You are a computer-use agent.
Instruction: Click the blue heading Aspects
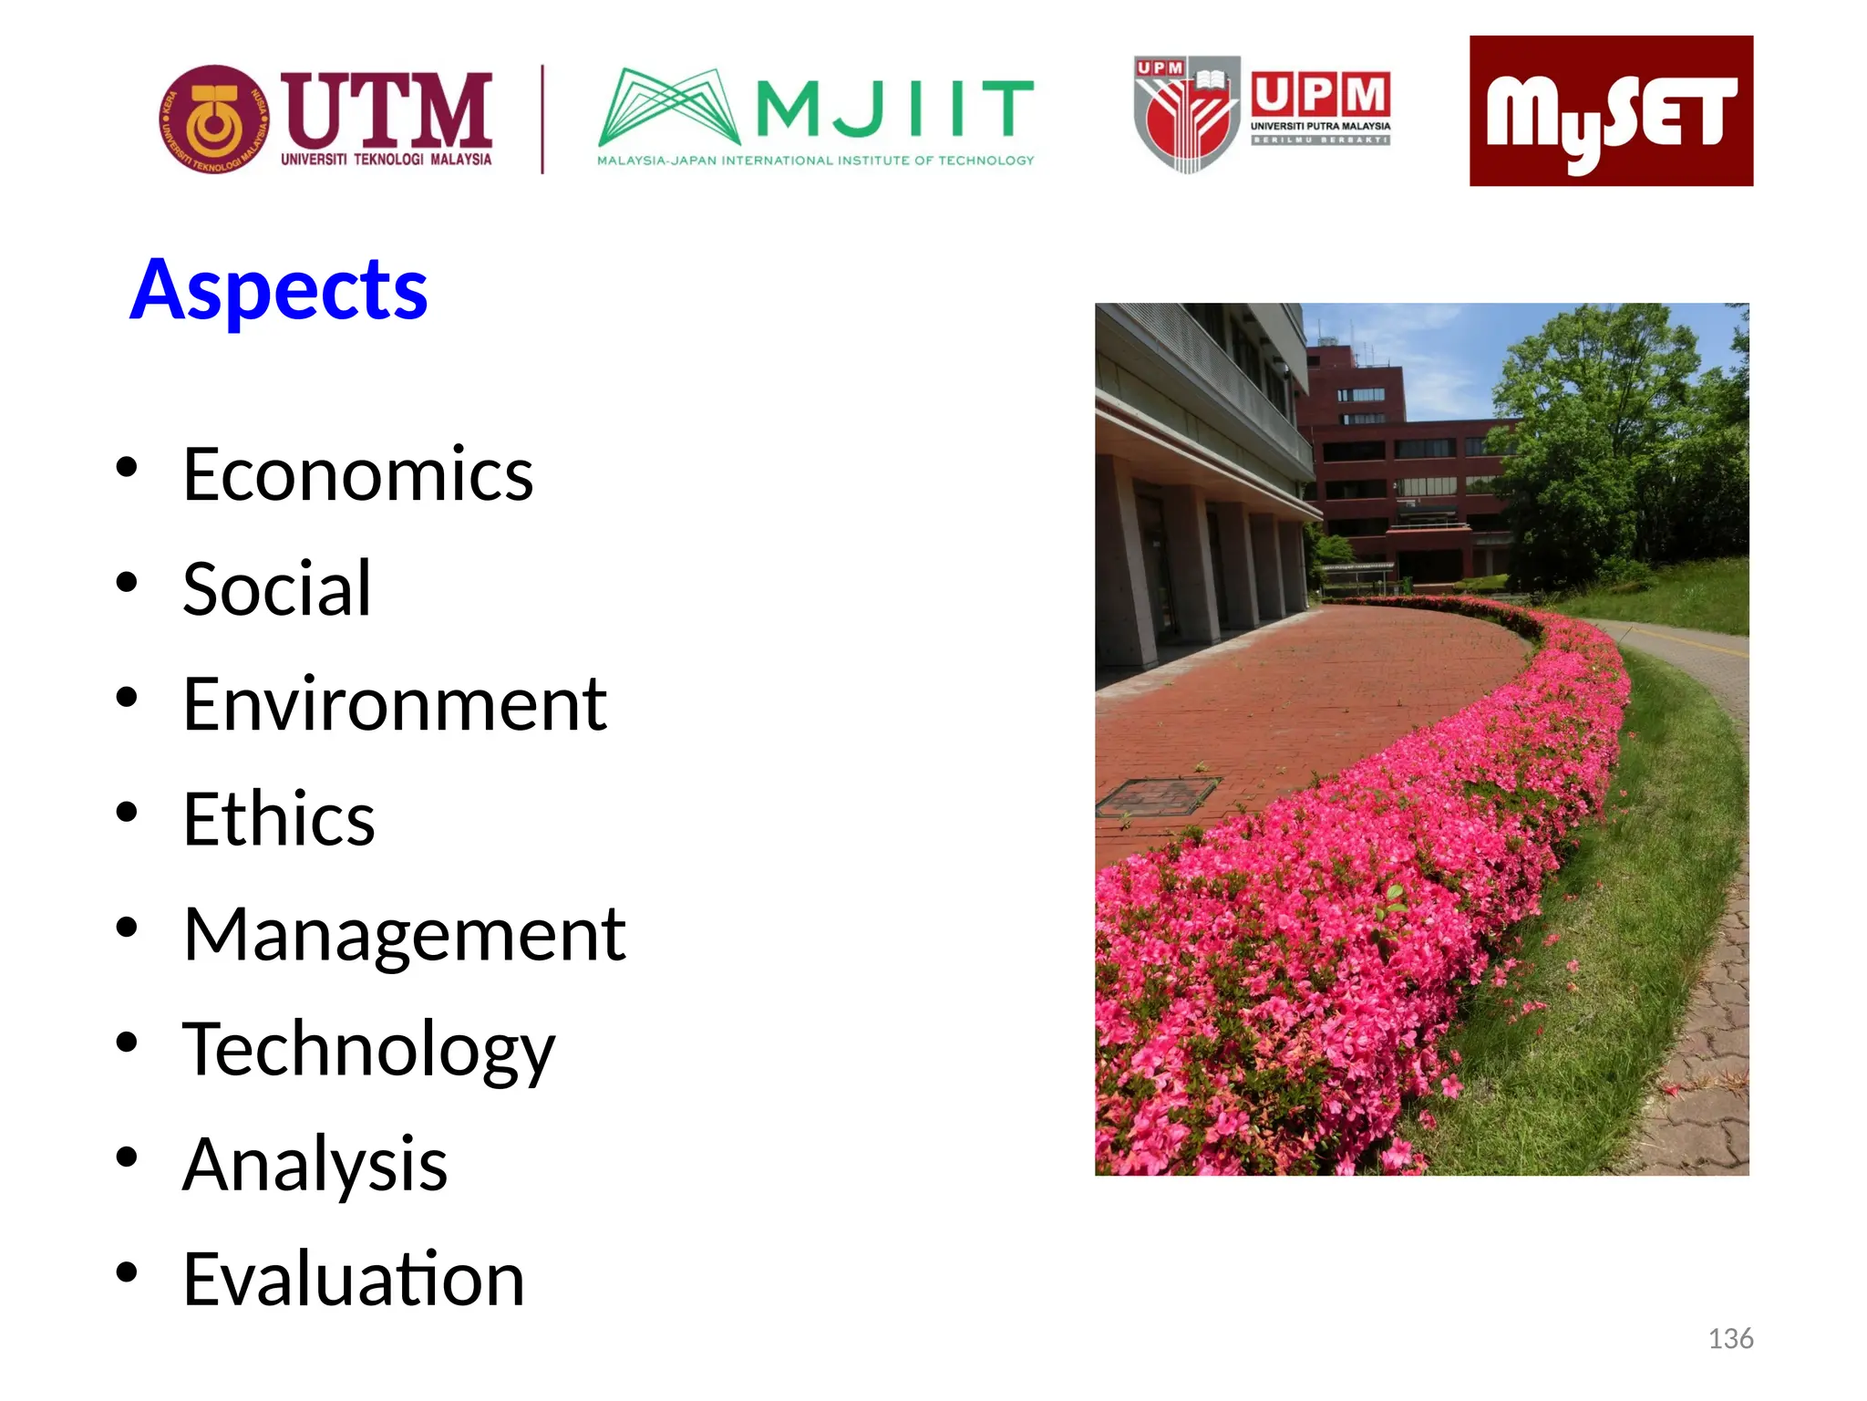pyautogui.click(x=279, y=290)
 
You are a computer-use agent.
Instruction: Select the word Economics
pyautogui.click(x=357, y=474)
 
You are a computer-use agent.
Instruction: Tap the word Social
pyautogui.click(x=277, y=589)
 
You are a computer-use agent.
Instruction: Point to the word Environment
pyautogui.click(x=395, y=704)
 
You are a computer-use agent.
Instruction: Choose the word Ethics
pyautogui.click(x=279, y=819)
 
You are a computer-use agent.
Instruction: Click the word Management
pyautogui.click(x=404, y=936)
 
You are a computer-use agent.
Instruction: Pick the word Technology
pyautogui.click(x=368, y=1051)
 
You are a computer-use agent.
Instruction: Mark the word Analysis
pyautogui.click(x=315, y=1165)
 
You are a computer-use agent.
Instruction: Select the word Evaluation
pyautogui.click(x=354, y=1280)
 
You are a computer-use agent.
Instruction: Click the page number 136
pyautogui.click(x=1730, y=1339)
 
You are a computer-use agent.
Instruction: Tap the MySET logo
pyautogui.click(x=1611, y=111)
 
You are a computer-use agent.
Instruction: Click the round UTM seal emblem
pyautogui.click(x=214, y=119)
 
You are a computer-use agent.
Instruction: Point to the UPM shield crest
pyautogui.click(x=1186, y=115)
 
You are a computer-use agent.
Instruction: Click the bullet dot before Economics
pyautogui.click(x=127, y=468)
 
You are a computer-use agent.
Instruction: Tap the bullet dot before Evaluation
pyautogui.click(x=127, y=1272)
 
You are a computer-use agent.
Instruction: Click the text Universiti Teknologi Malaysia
pyautogui.click(x=386, y=160)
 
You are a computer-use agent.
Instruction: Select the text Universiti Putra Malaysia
pyautogui.click(x=1320, y=126)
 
